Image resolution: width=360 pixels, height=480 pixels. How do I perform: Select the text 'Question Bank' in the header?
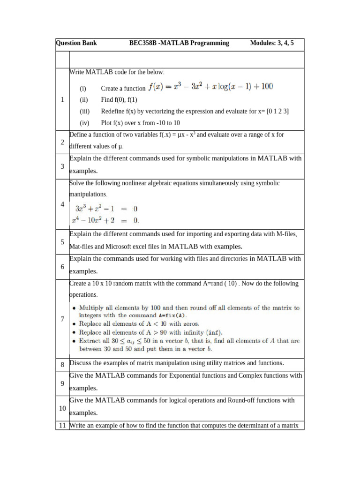point(76,43)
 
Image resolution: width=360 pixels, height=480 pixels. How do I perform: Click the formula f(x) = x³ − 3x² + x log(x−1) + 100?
point(210,87)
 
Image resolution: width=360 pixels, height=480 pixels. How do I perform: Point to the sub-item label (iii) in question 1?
point(84,112)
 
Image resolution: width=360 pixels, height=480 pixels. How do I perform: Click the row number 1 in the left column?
point(62,99)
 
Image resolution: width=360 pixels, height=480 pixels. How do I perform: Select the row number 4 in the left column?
point(62,204)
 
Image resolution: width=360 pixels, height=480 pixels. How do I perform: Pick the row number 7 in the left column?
point(62,319)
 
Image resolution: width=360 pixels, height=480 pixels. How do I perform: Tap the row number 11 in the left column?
point(62,426)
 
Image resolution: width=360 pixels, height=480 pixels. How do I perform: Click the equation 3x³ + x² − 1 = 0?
point(107,209)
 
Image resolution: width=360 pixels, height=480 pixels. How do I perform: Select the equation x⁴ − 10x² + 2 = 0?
point(105,220)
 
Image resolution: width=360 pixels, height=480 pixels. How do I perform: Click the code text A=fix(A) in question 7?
point(145,316)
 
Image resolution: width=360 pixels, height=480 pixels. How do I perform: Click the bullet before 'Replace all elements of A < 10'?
point(75,324)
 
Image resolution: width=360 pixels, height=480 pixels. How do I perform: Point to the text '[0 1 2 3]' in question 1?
point(277,112)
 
